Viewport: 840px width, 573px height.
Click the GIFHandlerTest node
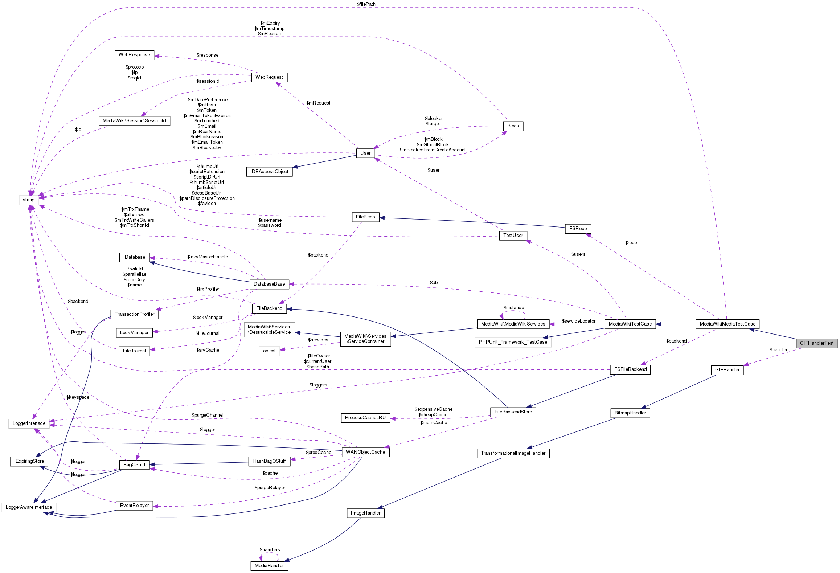click(x=817, y=343)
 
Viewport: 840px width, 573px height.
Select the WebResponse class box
click(x=134, y=55)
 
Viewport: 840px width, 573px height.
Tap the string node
click(x=29, y=200)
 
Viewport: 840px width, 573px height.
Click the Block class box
click(x=513, y=126)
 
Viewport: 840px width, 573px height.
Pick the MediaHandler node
click(x=269, y=566)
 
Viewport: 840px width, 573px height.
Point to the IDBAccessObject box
click(x=269, y=172)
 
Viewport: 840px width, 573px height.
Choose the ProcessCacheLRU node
click(x=365, y=418)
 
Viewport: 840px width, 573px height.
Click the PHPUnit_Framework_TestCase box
click(x=513, y=342)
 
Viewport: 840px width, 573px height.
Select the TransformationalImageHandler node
click(x=513, y=453)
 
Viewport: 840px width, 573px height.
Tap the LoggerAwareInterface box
click(x=29, y=507)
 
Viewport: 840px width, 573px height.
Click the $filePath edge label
click(x=366, y=4)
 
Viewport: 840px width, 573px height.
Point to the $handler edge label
click(x=778, y=350)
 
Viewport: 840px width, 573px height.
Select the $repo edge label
click(x=631, y=243)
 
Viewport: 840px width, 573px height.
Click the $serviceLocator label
click(x=579, y=321)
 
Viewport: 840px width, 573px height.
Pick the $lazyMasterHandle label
click(x=208, y=257)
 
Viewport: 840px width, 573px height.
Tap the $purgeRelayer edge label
click(x=270, y=488)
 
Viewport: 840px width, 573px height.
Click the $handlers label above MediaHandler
click(x=270, y=550)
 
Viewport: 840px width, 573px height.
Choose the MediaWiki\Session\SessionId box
click(x=134, y=121)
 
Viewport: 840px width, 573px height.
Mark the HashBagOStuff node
click(x=269, y=461)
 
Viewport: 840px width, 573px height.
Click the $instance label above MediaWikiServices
click(x=514, y=308)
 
